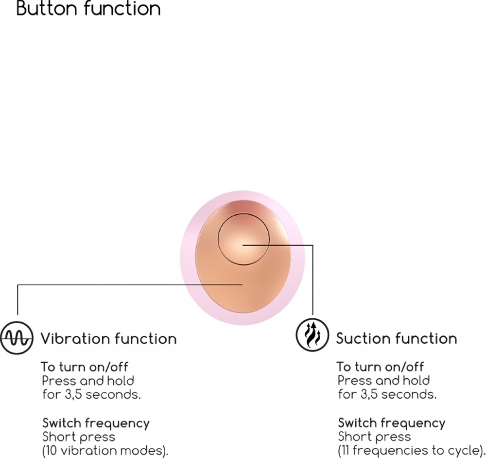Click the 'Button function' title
(x=88, y=8)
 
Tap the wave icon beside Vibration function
(x=17, y=338)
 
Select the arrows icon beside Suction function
(x=312, y=335)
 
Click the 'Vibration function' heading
(x=108, y=339)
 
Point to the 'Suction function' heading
(x=397, y=338)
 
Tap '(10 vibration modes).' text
(x=105, y=451)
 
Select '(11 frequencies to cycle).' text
(x=411, y=450)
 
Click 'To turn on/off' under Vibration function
(x=85, y=367)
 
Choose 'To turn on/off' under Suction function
(x=381, y=367)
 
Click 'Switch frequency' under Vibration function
(x=96, y=423)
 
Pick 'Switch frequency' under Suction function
(x=391, y=423)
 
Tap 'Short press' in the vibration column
(x=79, y=437)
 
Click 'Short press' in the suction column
(x=374, y=437)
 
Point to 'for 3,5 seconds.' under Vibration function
(x=91, y=394)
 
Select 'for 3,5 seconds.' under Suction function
(x=387, y=394)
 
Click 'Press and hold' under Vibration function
(x=88, y=381)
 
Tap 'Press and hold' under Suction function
(x=384, y=381)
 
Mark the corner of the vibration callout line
(x=17, y=285)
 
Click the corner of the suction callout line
(x=312, y=245)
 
